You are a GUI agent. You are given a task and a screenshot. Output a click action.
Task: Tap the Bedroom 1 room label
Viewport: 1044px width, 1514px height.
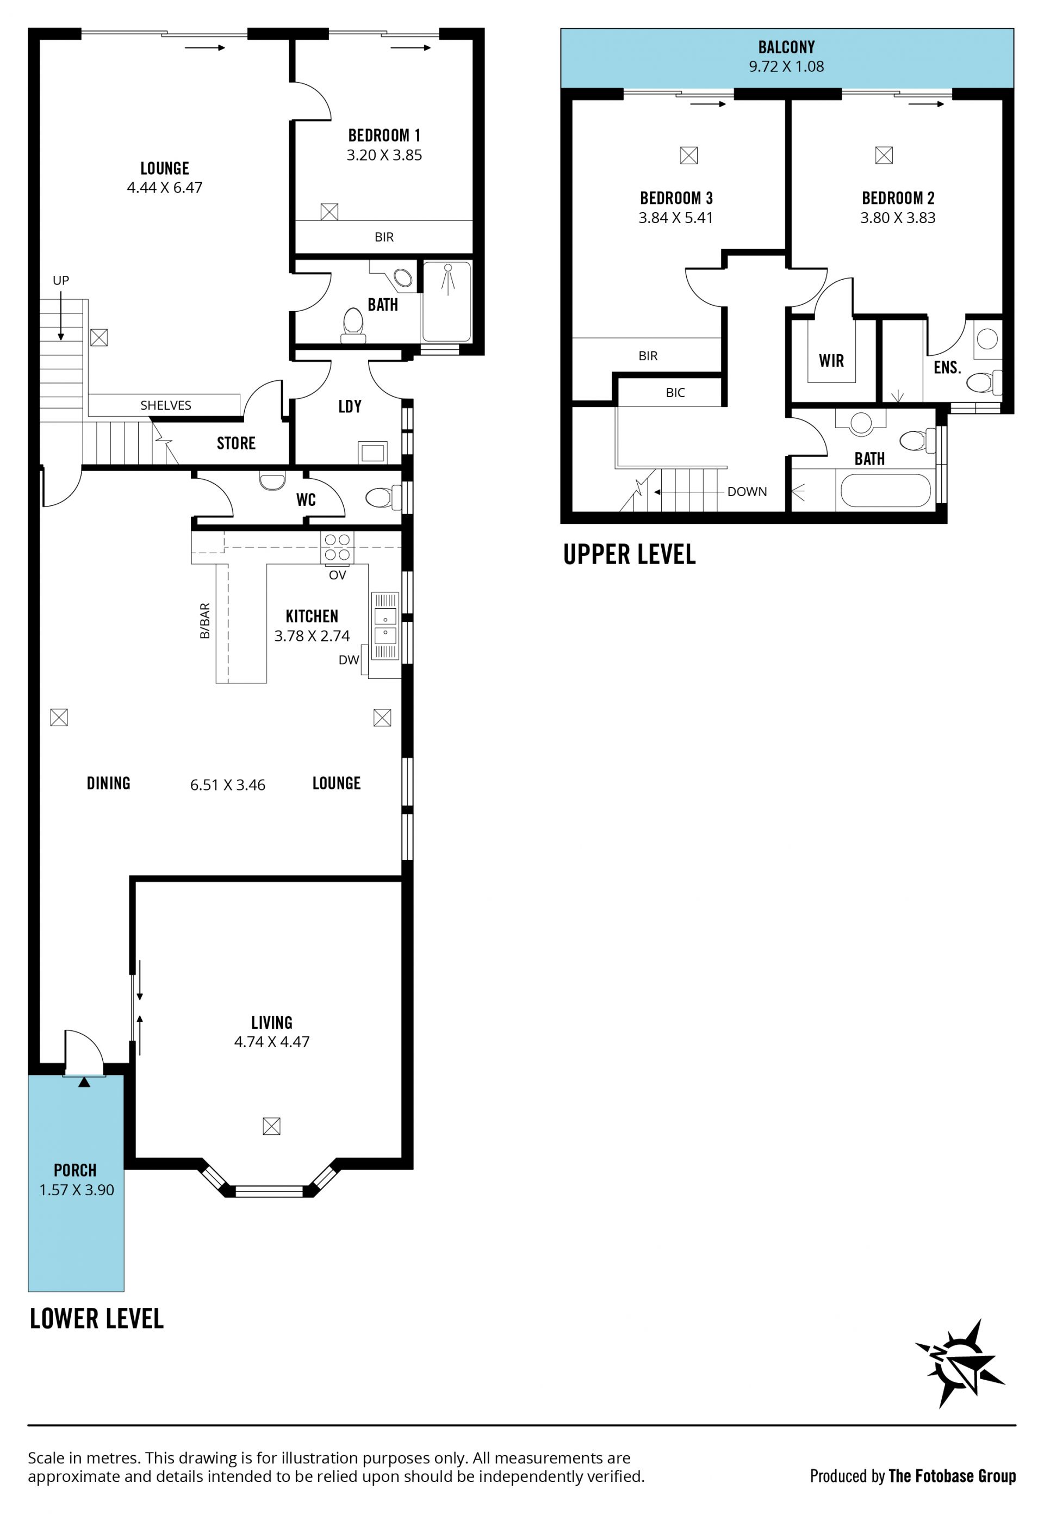tap(384, 135)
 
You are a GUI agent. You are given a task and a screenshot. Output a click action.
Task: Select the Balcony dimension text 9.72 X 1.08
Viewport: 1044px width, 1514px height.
tap(786, 66)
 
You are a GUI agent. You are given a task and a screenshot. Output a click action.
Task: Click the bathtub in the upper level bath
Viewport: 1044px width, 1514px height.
tap(885, 490)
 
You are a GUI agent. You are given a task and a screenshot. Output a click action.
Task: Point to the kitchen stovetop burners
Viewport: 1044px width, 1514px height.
tap(337, 547)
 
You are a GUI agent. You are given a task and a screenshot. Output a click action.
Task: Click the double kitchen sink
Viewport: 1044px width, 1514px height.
tap(386, 626)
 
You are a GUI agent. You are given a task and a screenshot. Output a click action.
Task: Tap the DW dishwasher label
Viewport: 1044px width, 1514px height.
tap(349, 660)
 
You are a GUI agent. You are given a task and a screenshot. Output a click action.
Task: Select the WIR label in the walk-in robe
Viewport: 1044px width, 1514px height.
tap(831, 361)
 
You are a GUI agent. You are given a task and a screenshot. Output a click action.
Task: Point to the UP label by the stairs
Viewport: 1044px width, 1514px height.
tap(61, 280)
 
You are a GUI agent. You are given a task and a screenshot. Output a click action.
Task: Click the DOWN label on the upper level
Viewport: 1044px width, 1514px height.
tap(747, 491)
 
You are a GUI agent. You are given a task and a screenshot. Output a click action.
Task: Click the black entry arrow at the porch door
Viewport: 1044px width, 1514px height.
tap(84, 1082)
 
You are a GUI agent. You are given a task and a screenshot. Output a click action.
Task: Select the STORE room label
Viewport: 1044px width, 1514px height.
tap(236, 443)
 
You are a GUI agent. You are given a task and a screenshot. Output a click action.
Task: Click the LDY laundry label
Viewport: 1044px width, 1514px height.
tap(350, 406)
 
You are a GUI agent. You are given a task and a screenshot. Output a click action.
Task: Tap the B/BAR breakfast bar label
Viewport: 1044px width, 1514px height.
tap(205, 620)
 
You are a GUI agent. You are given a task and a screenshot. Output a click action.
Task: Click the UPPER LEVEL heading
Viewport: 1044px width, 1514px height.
tap(629, 554)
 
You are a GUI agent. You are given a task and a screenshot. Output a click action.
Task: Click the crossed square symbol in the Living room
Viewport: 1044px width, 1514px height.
tap(271, 1126)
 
